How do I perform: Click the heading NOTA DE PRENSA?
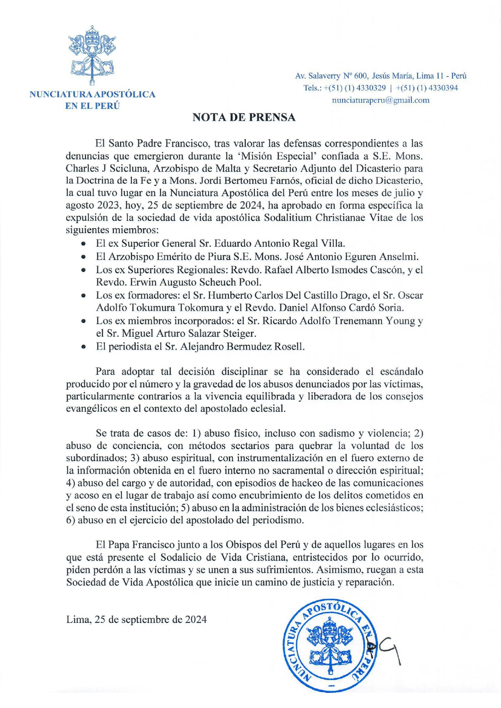[244, 117]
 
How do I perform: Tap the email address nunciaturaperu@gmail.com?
[380, 100]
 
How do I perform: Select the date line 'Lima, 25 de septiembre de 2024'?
[136, 619]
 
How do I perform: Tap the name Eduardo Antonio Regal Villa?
[280, 243]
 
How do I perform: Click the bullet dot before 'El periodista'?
[83, 347]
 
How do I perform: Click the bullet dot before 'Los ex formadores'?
[83, 295]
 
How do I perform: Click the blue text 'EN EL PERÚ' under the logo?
[92, 106]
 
